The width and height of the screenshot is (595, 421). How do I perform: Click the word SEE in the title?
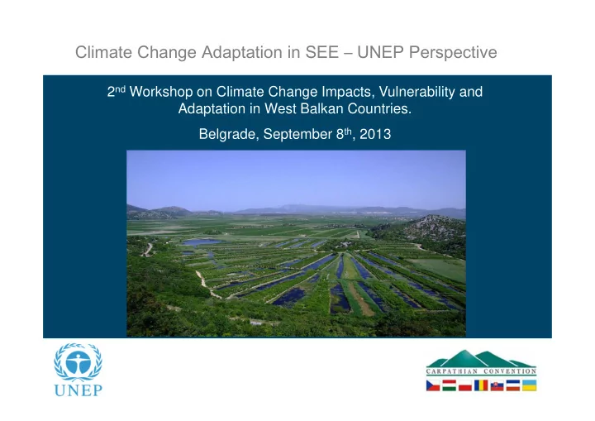click(x=321, y=52)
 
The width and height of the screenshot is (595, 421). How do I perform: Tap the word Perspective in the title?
click(x=453, y=53)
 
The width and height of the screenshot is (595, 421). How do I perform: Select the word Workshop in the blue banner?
click(x=160, y=93)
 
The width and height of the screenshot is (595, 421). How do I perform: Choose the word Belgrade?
click(x=229, y=135)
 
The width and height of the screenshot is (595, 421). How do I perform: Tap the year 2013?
click(x=375, y=134)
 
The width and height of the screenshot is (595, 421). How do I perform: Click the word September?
click(x=297, y=135)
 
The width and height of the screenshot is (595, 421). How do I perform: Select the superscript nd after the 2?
click(x=120, y=89)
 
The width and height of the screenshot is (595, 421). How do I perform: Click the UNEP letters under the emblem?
click(x=79, y=390)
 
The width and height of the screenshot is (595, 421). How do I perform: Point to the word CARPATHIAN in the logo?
click(x=451, y=371)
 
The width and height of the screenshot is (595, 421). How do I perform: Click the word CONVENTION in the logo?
click(x=510, y=371)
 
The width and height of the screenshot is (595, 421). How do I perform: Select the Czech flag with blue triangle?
click(x=433, y=385)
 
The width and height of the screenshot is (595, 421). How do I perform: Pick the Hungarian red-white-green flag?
click(x=449, y=385)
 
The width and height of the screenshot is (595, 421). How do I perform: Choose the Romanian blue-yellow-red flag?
click(x=481, y=385)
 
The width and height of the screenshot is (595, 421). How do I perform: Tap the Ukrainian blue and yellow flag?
click(x=530, y=385)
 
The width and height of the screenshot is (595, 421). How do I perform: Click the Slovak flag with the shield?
click(x=497, y=385)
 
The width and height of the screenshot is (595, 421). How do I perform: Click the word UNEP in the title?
click(x=380, y=52)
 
